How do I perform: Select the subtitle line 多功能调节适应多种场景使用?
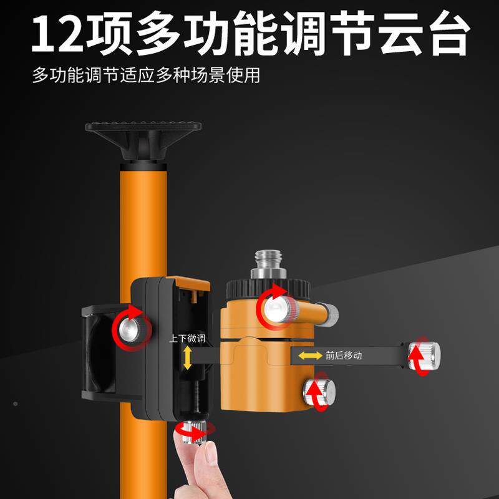pyautogui.click(x=146, y=76)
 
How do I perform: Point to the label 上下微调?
pyautogui.click(x=187, y=339)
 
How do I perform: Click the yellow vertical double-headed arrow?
pyautogui.click(x=187, y=358)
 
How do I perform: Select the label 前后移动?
pyautogui.click(x=343, y=356)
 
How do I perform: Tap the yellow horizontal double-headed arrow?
pyautogui.click(x=309, y=356)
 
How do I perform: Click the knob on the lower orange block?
pyautogui.click(x=319, y=392)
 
